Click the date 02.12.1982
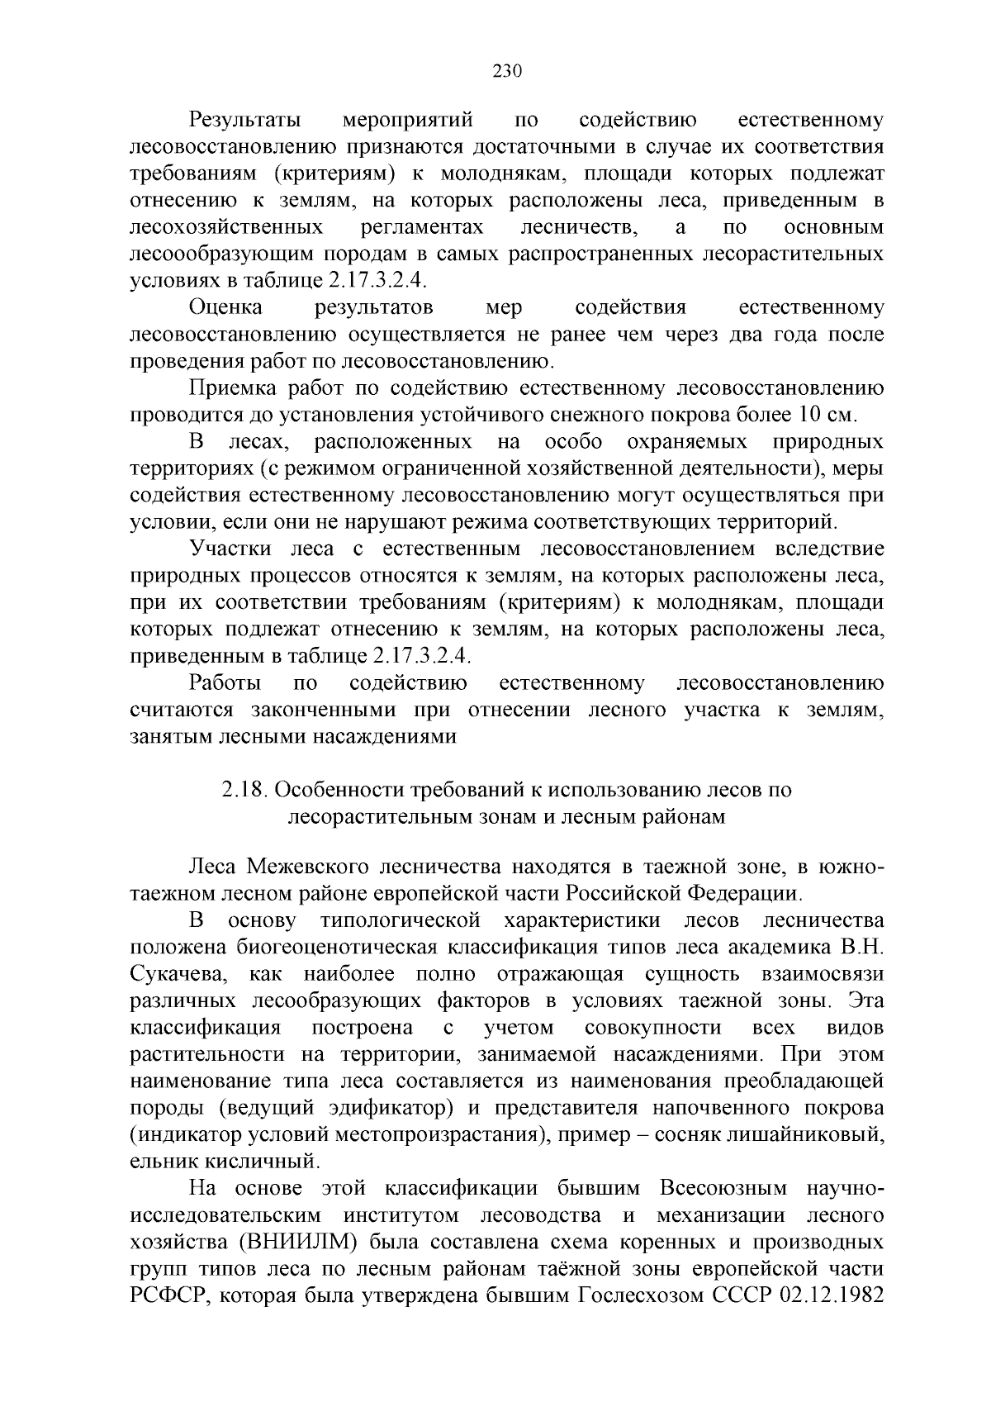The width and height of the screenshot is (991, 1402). coord(831,1295)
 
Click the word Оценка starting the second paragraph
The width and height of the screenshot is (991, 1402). coord(226,308)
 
